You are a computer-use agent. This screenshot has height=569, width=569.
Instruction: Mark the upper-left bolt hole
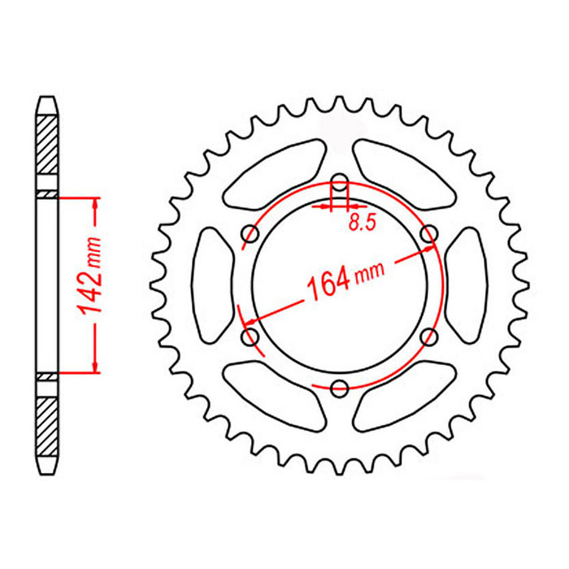click(250, 234)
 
